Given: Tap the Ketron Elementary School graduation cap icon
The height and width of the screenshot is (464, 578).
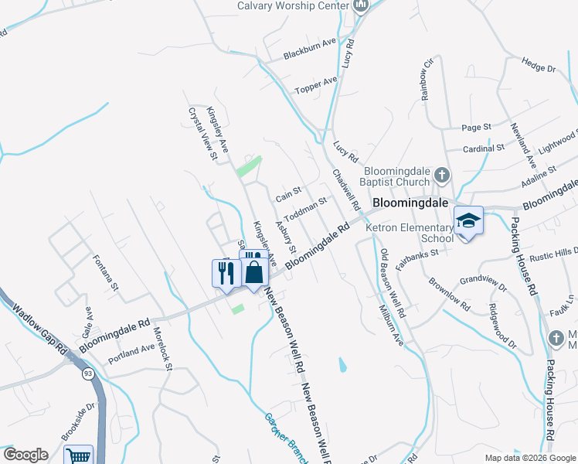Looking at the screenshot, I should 468,221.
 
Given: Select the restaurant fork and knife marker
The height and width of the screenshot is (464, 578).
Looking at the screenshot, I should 226,273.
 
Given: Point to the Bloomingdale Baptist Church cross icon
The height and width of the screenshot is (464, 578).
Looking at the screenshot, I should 441,174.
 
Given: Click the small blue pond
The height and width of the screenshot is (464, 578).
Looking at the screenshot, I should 342,363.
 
